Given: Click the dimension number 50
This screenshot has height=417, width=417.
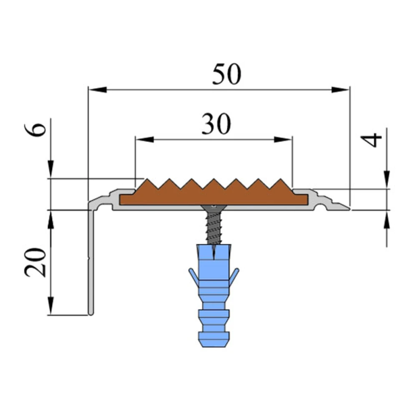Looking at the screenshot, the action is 226,74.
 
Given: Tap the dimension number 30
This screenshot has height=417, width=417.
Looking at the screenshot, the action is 216,124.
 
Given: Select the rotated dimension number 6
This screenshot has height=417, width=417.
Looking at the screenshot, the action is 35,130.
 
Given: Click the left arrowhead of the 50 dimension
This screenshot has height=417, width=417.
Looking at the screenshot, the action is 97,90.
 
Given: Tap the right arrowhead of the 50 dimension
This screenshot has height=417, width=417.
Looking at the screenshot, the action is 340,90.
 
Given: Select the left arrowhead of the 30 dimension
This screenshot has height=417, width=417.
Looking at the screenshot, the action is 145,139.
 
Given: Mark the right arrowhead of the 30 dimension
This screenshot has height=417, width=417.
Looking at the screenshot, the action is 283,139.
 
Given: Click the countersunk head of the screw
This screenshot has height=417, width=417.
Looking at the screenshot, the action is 214,207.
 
